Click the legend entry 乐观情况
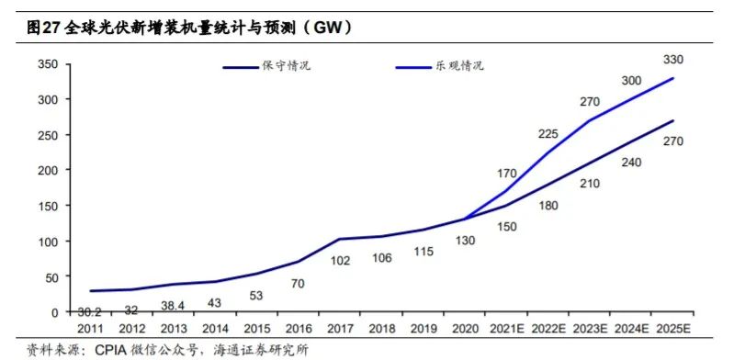coord(459,66)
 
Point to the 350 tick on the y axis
coord(48,64)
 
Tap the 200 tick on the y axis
coord(48,171)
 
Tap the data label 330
coord(673,60)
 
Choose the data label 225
coord(548,134)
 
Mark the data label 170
coord(507,172)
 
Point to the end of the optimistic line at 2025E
coord(673,78)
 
